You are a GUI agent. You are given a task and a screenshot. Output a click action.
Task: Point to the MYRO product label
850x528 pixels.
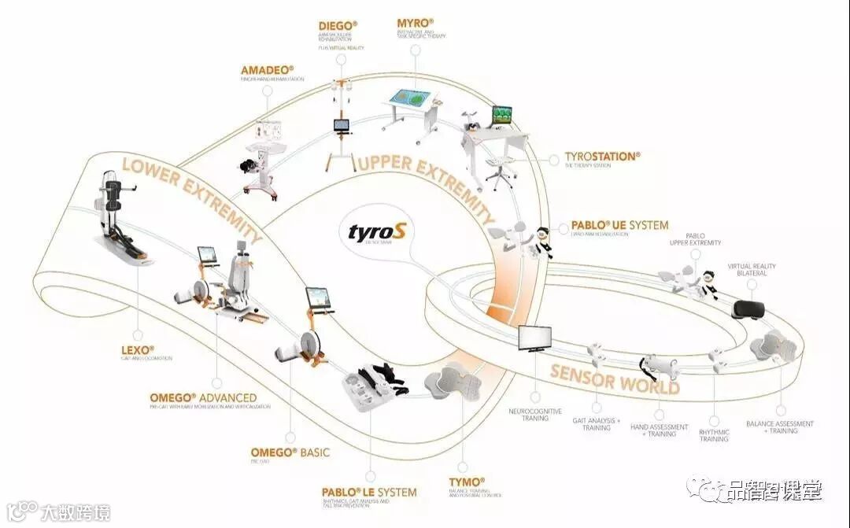point(416,23)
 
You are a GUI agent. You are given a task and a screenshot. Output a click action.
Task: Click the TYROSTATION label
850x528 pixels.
point(602,157)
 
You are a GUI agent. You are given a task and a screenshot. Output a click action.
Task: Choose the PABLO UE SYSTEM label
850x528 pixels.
point(619,225)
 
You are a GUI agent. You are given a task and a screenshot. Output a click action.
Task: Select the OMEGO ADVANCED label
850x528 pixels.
point(203,397)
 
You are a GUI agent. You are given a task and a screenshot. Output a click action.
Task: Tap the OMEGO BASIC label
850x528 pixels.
point(290,452)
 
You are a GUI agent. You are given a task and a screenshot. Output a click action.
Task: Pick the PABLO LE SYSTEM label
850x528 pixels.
point(368,493)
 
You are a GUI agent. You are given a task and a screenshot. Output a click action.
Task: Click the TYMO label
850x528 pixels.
point(466,481)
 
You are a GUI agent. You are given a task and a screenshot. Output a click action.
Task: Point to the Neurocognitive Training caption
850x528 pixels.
point(535,415)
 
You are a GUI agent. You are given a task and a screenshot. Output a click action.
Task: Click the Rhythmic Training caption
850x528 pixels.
point(714,435)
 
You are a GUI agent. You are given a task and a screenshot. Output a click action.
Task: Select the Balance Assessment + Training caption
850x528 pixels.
point(780,427)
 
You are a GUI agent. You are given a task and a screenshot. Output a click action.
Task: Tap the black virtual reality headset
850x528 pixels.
point(748,309)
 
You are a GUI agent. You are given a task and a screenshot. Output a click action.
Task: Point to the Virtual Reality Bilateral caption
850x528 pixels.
point(751,270)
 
